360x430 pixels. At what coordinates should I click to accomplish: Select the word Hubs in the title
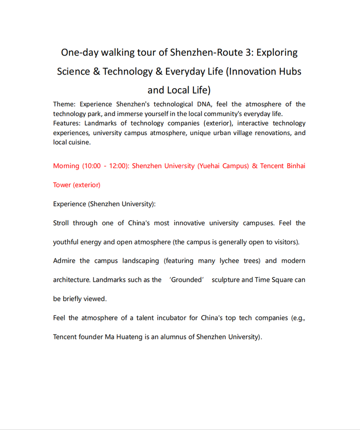point(290,72)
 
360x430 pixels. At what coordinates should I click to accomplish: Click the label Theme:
point(64,104)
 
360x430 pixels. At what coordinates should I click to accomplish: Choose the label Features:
point(67,123)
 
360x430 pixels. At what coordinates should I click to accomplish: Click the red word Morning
point(66,166)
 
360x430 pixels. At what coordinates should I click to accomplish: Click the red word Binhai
point(295,166)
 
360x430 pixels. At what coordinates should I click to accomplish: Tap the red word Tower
point(62,185)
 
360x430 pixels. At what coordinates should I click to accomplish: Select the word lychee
point(229,261)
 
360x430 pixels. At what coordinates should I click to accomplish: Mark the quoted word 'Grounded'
point(186,280)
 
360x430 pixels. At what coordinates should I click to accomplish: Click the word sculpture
point(225,280)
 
